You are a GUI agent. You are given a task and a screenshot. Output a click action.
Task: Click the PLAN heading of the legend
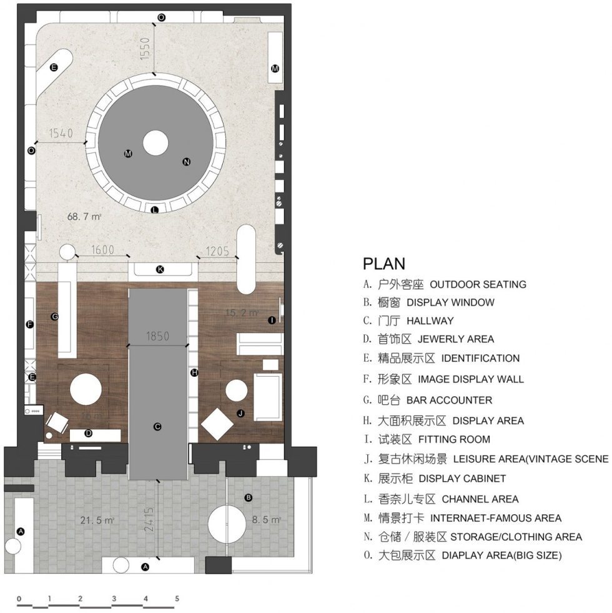tap(384, 264)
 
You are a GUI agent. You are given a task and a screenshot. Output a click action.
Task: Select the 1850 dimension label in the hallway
tap(157, 336)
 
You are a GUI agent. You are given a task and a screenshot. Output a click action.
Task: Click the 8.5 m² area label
tap(266, 519)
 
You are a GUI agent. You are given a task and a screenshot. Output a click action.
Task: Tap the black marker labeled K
tap(160, 269)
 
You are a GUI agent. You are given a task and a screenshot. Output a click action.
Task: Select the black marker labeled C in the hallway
tap(157, 427)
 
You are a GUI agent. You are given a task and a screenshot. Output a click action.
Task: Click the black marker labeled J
tap(240, 413)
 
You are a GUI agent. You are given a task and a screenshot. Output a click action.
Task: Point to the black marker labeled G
tap(55, 317)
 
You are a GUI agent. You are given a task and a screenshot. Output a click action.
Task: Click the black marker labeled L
tap(155, 210)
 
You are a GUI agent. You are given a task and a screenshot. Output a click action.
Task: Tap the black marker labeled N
tap(186, 162)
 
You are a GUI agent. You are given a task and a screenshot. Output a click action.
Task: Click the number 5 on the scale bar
tap(177, 598)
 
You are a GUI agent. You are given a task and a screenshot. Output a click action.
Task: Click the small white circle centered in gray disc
tap(155, 142)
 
